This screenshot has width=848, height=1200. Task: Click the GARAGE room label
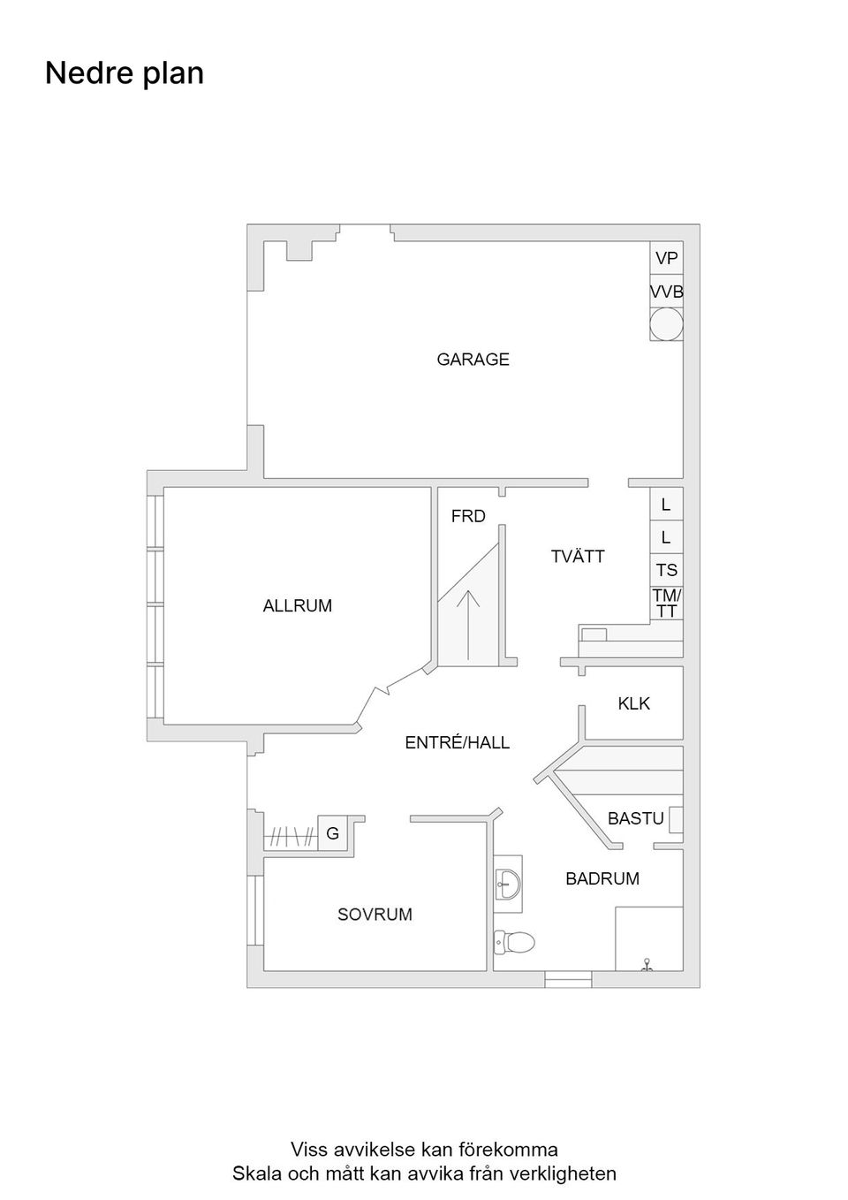click(473, 360)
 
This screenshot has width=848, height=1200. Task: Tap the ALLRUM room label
click(298, 606)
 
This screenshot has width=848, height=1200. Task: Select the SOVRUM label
click(375, 915)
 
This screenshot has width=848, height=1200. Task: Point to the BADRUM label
click(602, 878)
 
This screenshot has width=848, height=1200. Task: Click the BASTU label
click(635, 819)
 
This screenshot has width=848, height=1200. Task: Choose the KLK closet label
click(633, 704)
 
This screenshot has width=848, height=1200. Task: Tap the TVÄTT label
click(578, 557)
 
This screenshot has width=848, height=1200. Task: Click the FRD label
click(468, 517)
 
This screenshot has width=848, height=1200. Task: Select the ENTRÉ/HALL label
click(457, 743)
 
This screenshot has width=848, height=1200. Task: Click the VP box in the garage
click(666, 258)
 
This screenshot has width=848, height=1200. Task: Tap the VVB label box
click(666, 292)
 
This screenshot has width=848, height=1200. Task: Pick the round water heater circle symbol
click(666, 324)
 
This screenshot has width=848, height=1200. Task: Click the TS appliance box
click(666, 570)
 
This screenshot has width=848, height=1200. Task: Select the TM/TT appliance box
click(666, 604)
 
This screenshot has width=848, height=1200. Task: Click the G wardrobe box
click(333, 833)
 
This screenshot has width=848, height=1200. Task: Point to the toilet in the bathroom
click(515, 943)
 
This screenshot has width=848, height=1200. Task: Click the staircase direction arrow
click(468, 623)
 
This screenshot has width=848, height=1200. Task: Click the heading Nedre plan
click(125, 73)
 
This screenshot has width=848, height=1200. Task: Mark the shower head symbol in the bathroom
click(647, 964)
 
